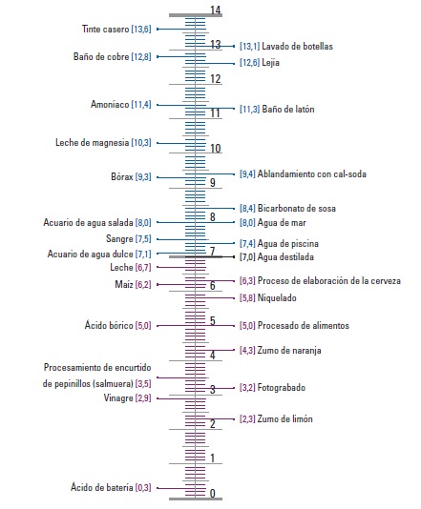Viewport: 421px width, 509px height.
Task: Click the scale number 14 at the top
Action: tap(215, 10)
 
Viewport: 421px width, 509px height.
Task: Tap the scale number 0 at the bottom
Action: tap(212, 493)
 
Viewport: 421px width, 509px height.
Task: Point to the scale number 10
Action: tap(215, 149)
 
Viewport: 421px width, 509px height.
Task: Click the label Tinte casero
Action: tap(105, 30)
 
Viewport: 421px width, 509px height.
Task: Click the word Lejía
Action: tap(270, 63)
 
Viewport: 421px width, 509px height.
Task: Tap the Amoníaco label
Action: tap(110, 104)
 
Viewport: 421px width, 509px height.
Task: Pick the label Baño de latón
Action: tap(288, 109)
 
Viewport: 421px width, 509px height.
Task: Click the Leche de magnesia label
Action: tap(92, 143)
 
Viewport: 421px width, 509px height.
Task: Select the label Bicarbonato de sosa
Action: tap(297, 208)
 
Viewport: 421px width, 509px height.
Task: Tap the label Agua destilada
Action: tap(285, 257)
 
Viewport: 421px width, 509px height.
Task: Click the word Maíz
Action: tap(124, 284)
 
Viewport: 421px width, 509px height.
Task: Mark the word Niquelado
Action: tap(277, 297)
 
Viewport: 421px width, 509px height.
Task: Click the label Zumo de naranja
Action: tap(289, 350)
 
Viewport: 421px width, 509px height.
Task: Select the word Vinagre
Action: tap(118, 397)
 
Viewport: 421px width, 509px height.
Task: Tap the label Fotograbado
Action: tap(282, 388)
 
